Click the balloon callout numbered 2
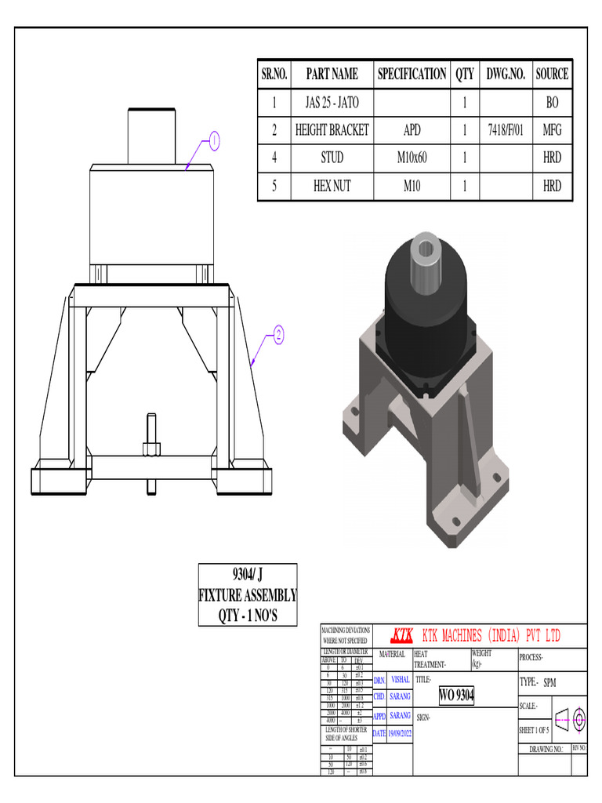point(277,336)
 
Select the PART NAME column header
point(332,74)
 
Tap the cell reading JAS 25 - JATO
point(332,102)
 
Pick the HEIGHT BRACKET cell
point(332,130)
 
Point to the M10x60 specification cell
point(412,158)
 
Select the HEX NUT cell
point(332,187)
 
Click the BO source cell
point(552,102)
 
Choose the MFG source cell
point(552,130)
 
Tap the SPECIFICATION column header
point(412,74)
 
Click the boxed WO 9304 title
point(456,695)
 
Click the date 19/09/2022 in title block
point(400,733)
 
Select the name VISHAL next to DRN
point(400,680)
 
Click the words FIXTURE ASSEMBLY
point(247,594)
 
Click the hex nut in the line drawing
point(151,449)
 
